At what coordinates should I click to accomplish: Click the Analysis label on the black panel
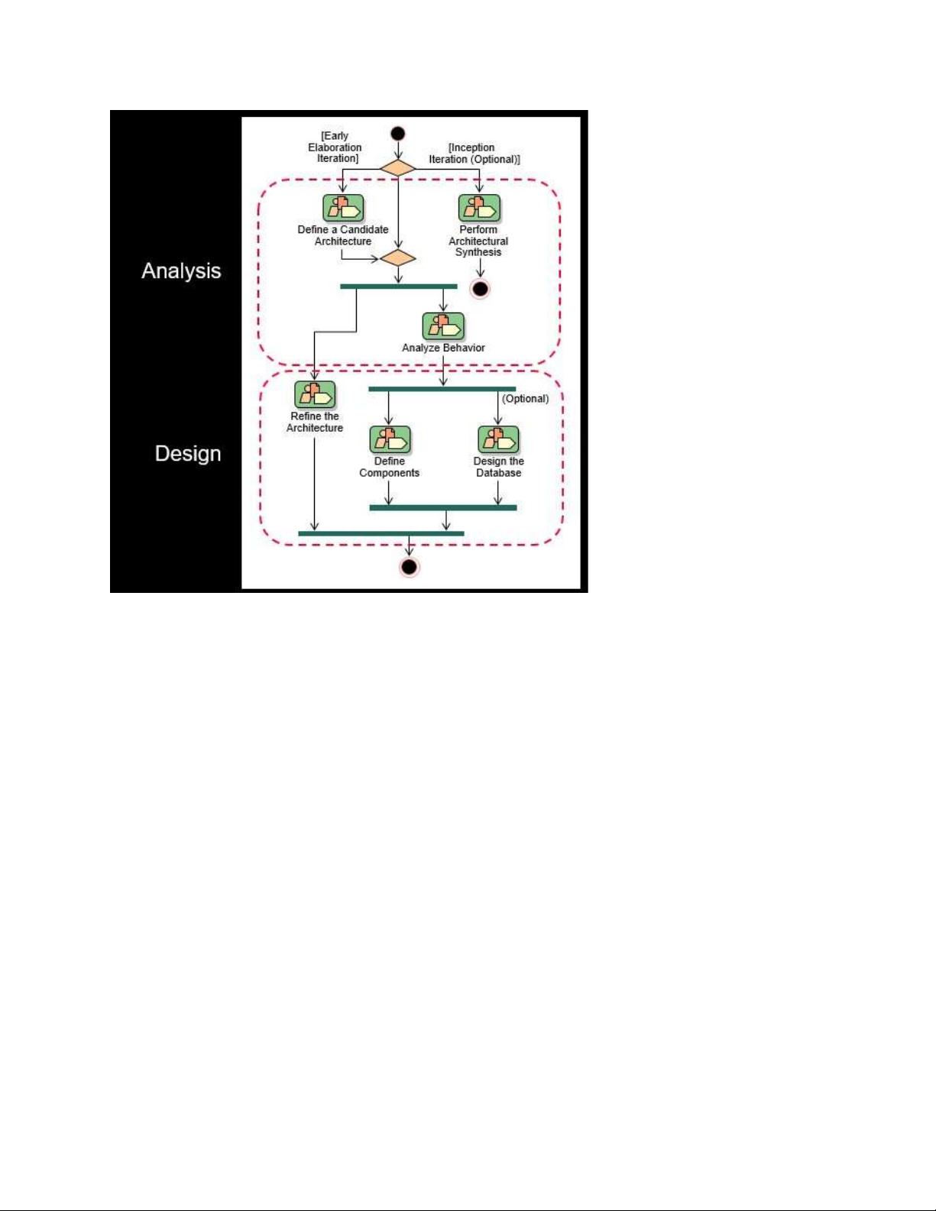point(181,270)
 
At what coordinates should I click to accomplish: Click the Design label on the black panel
point(188,454)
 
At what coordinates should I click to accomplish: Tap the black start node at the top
point(398,134)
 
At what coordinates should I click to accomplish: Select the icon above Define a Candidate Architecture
point(343,208)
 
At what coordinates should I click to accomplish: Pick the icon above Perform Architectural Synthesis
point(479,208)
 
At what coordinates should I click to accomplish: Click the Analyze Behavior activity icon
point(443,326)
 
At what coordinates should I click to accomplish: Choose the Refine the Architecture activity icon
point(315,394)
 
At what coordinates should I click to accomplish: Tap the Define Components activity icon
point(390,440)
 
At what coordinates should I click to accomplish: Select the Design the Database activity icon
point(499,440)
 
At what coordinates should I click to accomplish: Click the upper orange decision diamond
point(398,168)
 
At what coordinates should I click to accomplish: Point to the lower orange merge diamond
point(398,258)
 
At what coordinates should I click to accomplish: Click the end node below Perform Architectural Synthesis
point(480,290)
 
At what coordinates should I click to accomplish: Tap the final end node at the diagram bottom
point(409,568)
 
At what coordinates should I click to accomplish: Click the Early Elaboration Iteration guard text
point(335,147)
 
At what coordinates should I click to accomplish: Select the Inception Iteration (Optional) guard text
point(474,154)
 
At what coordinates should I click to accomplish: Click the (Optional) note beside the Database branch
point(526,399)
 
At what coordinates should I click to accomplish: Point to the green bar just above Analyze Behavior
point(399,287)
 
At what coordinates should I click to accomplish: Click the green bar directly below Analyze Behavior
point(442,389)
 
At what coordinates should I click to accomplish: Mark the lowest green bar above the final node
point(381,534)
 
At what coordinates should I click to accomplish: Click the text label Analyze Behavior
point(443,348)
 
